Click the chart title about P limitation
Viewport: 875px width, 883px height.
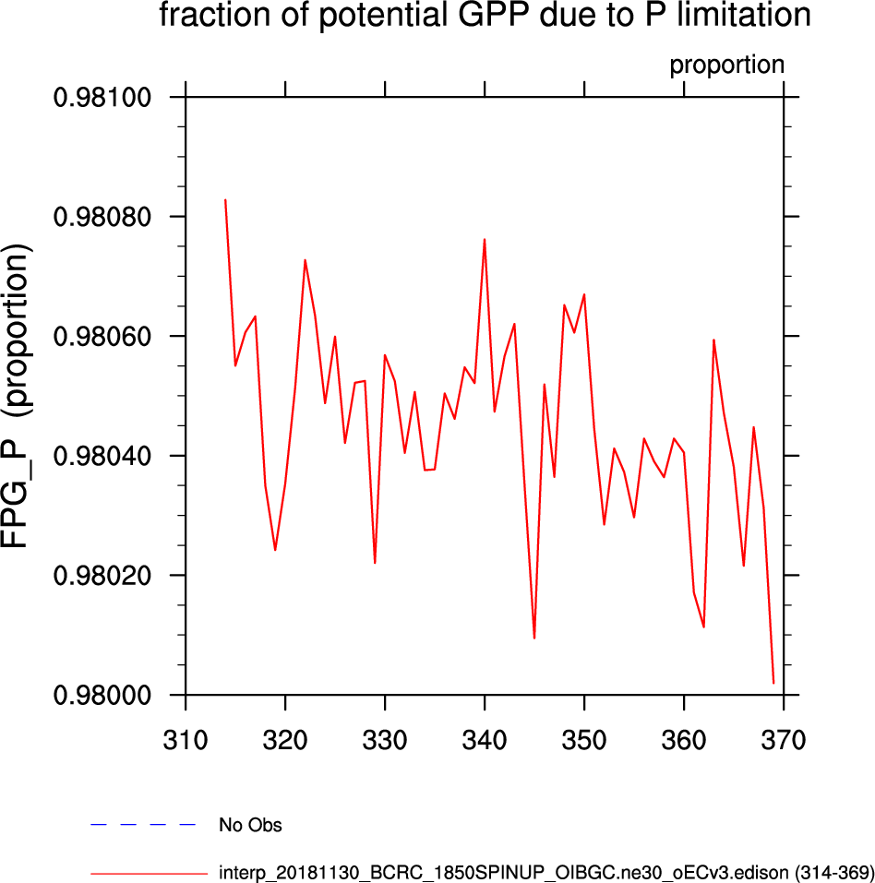click(x=485, y=16)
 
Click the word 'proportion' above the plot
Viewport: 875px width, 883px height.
click(x=726, y=66)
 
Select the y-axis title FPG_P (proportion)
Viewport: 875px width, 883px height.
click(x=21, y=398)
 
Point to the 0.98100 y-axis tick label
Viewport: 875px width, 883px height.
click(x=104, y=98)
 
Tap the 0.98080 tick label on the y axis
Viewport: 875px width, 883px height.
click(x=104, y=217)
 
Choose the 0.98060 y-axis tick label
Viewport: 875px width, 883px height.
click(x=104, y=337)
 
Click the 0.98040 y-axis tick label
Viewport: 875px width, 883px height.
click(x=104, y=456)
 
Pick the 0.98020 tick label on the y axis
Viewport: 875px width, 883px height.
click(x=104, y=576)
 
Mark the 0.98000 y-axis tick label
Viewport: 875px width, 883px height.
click(x=104, y=695)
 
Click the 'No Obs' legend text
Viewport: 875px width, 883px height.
click(x=250, y=826)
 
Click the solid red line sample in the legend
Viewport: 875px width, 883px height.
click(x=150, y=872)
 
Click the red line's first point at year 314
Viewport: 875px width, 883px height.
click(x=225, y=200)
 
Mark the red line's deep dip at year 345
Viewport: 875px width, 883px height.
click(x=534, y=638)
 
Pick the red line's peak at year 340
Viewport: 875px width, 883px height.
click(x=485, y=240)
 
